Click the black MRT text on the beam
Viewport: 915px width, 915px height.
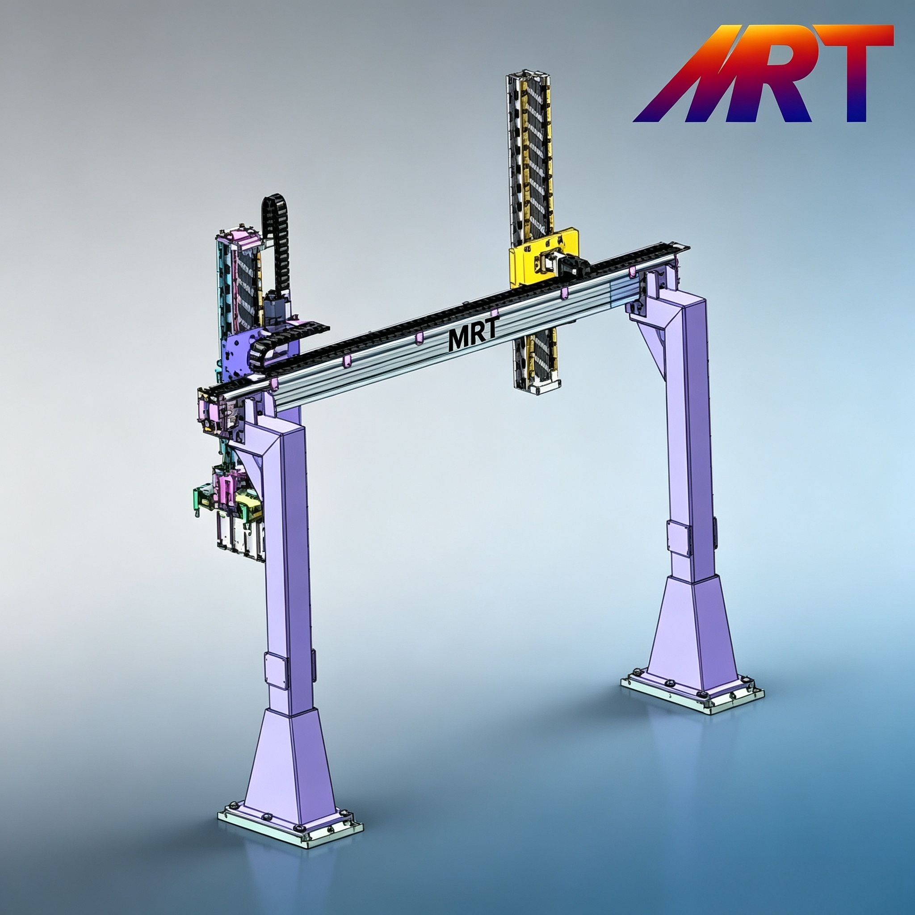coord(473,335)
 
